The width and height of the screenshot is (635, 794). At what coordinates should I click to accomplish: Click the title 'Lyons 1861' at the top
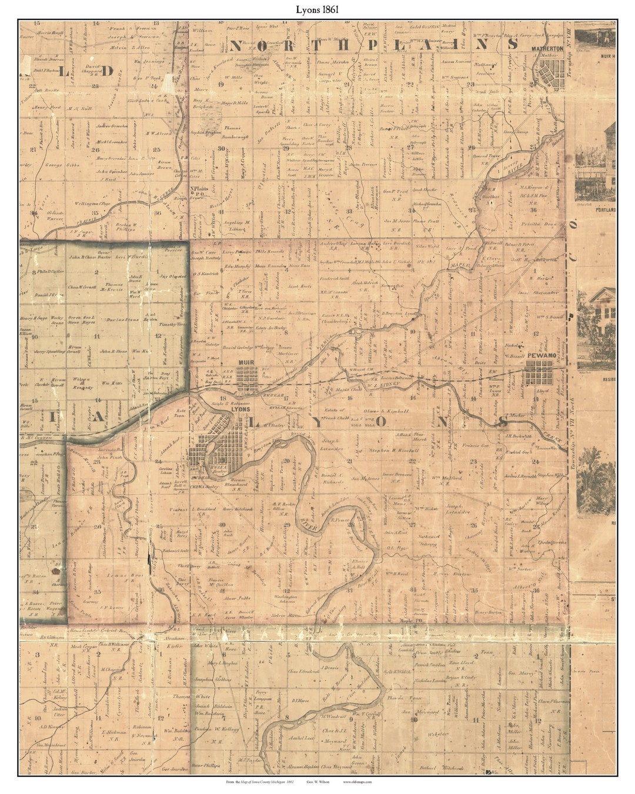tap(317, 10)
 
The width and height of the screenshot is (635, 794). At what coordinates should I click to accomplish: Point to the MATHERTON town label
tap(547, 49)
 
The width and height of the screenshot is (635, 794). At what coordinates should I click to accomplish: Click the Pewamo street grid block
tap(539, 373)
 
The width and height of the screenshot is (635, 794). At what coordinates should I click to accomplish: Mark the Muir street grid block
tap(249, 379)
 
